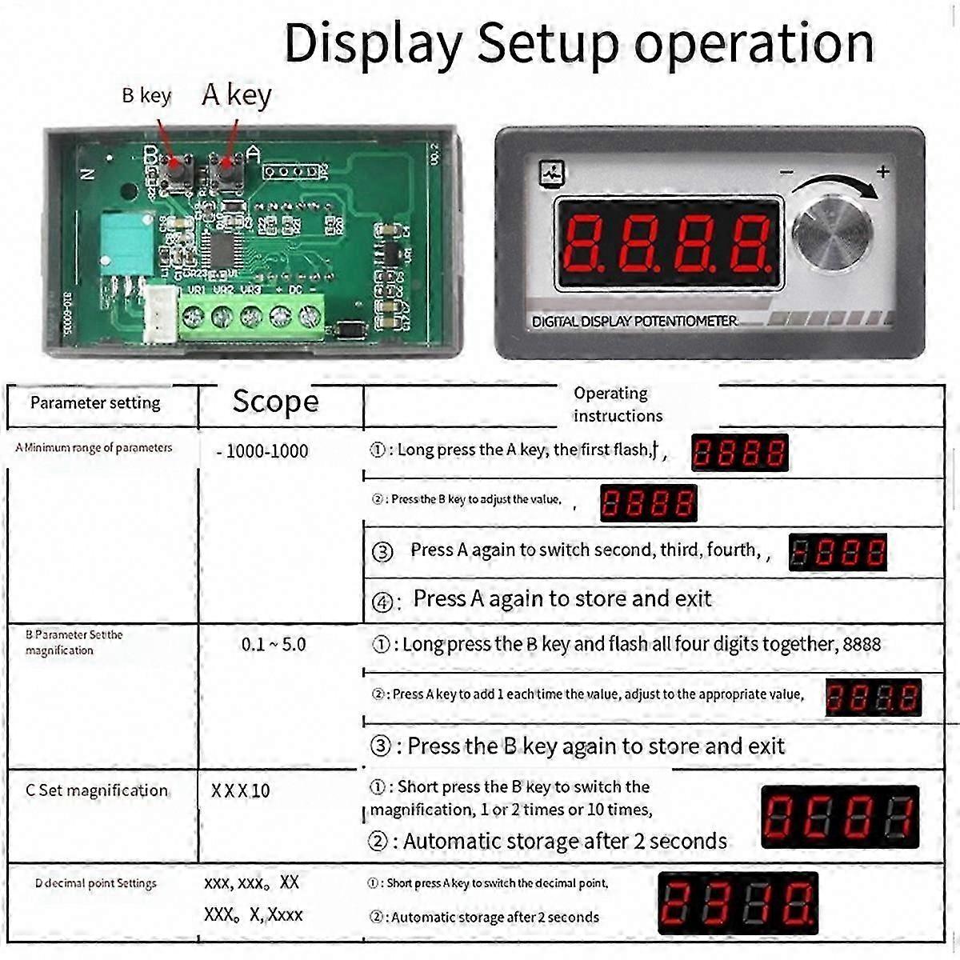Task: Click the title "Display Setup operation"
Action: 578,43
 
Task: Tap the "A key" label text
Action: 236,94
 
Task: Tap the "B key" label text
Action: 146,96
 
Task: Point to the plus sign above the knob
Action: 882,171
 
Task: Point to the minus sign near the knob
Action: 786,172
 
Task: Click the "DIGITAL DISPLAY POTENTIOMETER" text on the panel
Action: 634,322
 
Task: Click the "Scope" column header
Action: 275,402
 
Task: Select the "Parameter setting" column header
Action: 95,403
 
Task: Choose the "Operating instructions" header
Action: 617,404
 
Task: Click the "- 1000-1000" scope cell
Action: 262,451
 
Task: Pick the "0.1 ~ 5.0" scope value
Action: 274,645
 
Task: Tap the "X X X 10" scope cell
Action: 241,791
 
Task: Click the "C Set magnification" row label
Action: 97,790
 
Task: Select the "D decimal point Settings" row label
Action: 96,883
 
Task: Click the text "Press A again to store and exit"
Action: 562,598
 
